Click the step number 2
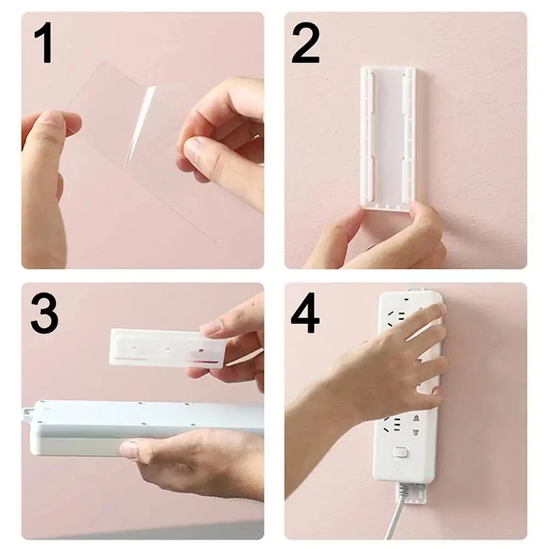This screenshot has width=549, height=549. coord(305,44)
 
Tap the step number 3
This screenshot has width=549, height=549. coord(44,314)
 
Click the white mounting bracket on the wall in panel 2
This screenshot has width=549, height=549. coord(387,137)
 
